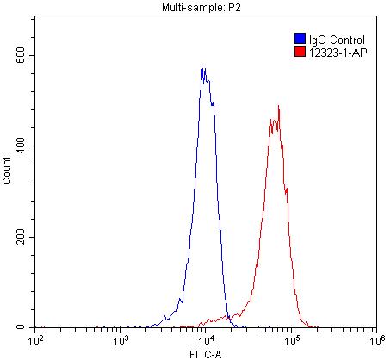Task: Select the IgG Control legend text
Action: pos(337,39)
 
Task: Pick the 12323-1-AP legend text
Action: pos(337,52)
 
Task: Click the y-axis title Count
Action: pos(8,177)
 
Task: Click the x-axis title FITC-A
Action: pos(204,353)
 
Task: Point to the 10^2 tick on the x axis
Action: pos(36,341)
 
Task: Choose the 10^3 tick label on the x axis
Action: pos(121,341)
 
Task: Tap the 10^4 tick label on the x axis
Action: pos(206,341)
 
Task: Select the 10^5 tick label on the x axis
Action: pos(291,341)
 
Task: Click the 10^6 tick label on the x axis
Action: pos(375,341)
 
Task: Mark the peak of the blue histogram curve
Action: pos(203,69)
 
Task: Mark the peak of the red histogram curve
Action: pos(278,106)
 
